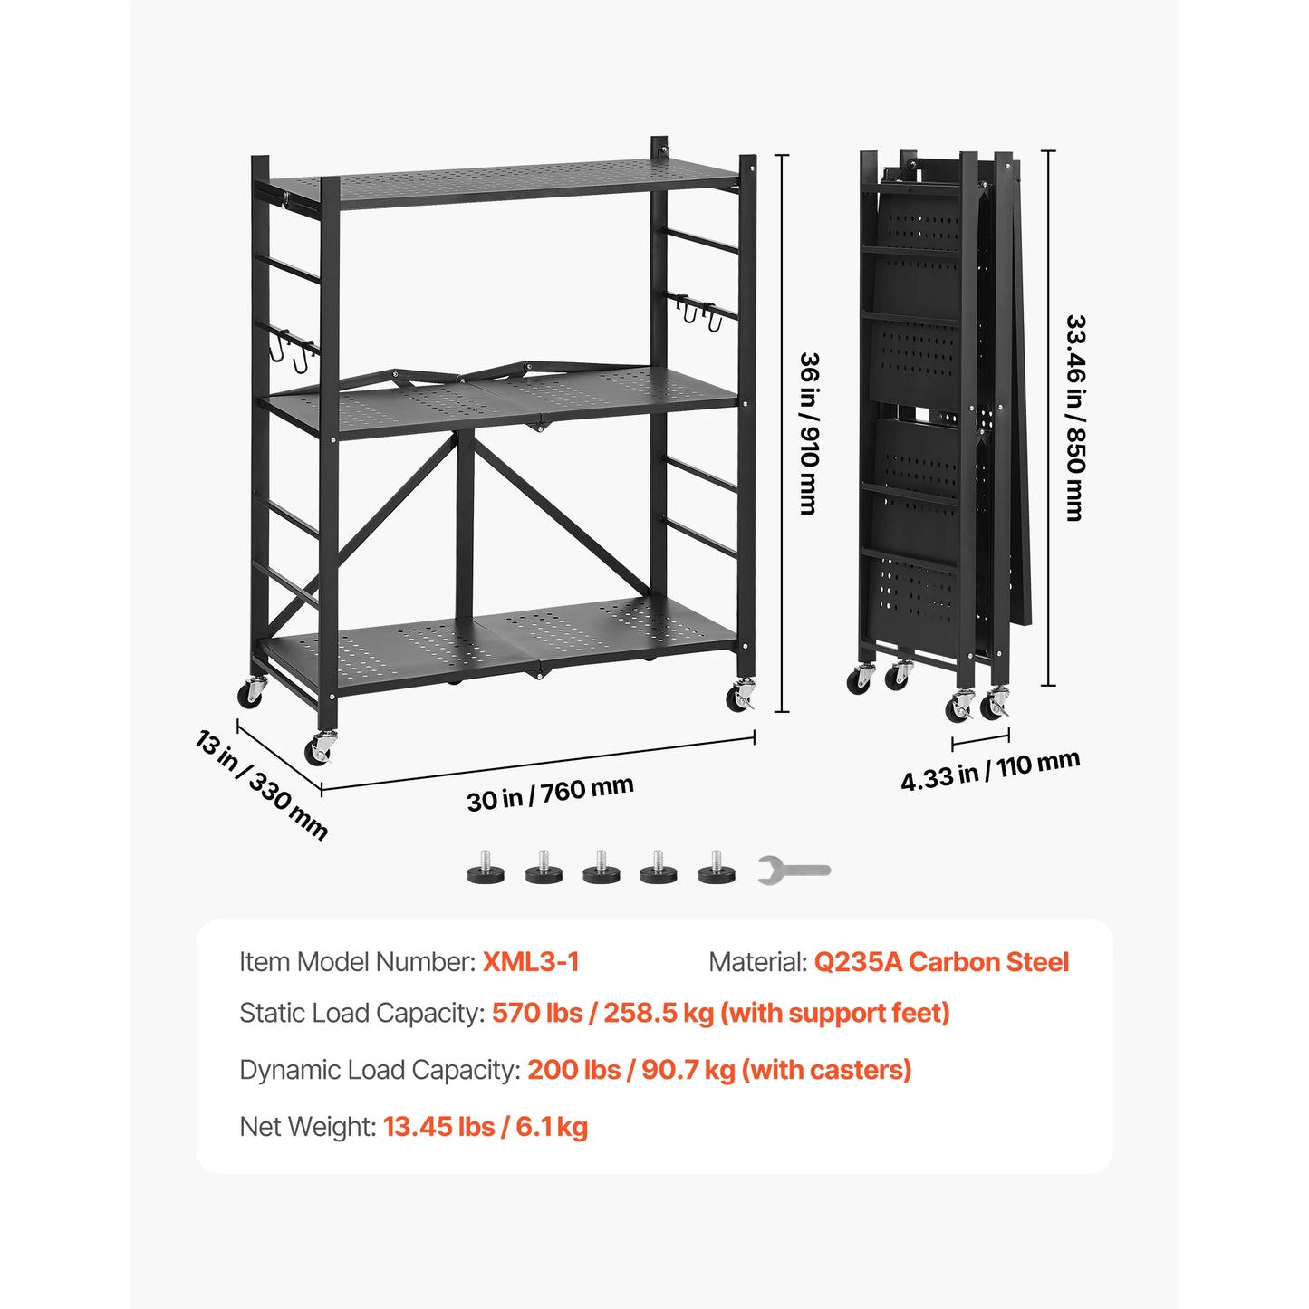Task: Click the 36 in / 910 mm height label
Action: coord(808,433)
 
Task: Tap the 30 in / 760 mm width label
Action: coord(550,793)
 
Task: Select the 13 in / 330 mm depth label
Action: coord(262,785)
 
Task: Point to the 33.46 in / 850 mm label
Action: coord(1074,418)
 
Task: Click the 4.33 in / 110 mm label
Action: coord(989,771)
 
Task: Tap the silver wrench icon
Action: coord(794,871)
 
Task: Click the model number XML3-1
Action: coord(531,962)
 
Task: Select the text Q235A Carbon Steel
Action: coord(941,962)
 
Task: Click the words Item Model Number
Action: coord(357,962)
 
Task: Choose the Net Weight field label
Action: coord(307,1127)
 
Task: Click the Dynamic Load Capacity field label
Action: coord(380,1070)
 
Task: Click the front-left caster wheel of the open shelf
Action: coord(319,748)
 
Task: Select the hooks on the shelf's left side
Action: coord(292,351)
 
